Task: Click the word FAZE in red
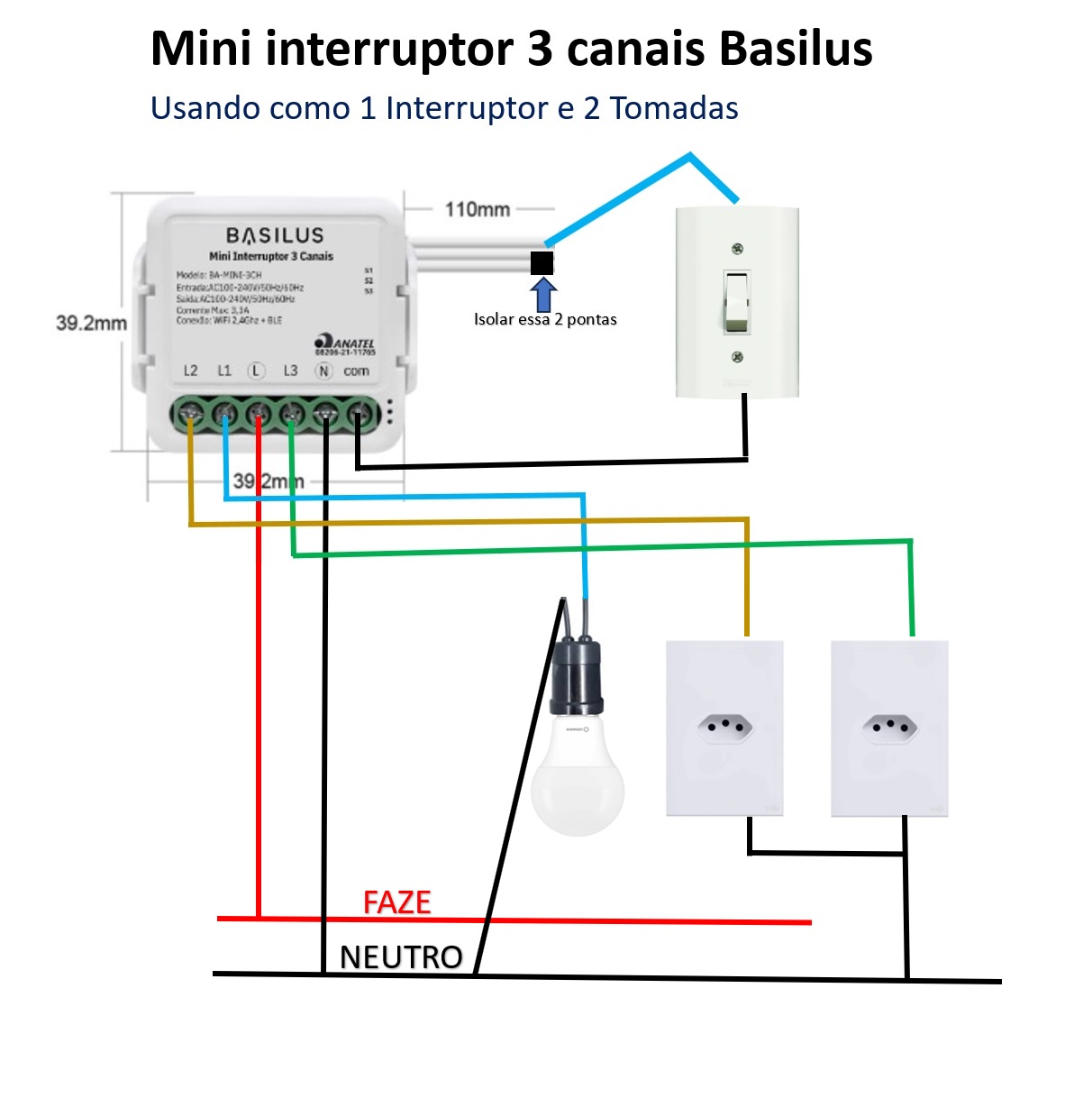(x=396, y=902)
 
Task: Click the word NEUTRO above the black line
(x=401, y=957)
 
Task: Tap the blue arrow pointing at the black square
(x=543, y=295)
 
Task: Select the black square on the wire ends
(x=542, y=262)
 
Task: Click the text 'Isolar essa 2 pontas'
(x=545, y=319)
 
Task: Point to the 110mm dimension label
(x=478, y=209)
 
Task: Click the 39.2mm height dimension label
(x=91, y=323)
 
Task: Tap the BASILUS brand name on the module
(x=275, y=235)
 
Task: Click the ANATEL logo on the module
(x=345, y=344)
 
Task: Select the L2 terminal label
(x=190, y=371)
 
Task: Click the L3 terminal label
(x=290, y=371)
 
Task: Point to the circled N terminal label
(x=323, y=371)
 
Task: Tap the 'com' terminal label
(x=356, y=371)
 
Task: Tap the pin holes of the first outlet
(x=724, y=724)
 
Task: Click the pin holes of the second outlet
(x=889, y=724)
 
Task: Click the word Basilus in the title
(x=796, y=49)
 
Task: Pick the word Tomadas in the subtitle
(x=674, y=108)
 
